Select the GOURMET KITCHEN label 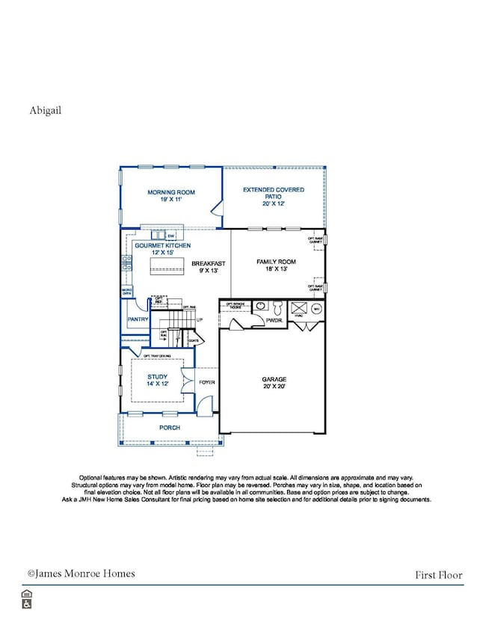click(162, 250)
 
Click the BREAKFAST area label click(204, 268)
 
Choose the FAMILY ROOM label click(277, 266)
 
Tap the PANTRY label click(138, 319)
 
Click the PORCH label click(170, 428)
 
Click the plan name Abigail click(46, 110)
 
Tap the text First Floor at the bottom click(439, 575)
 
